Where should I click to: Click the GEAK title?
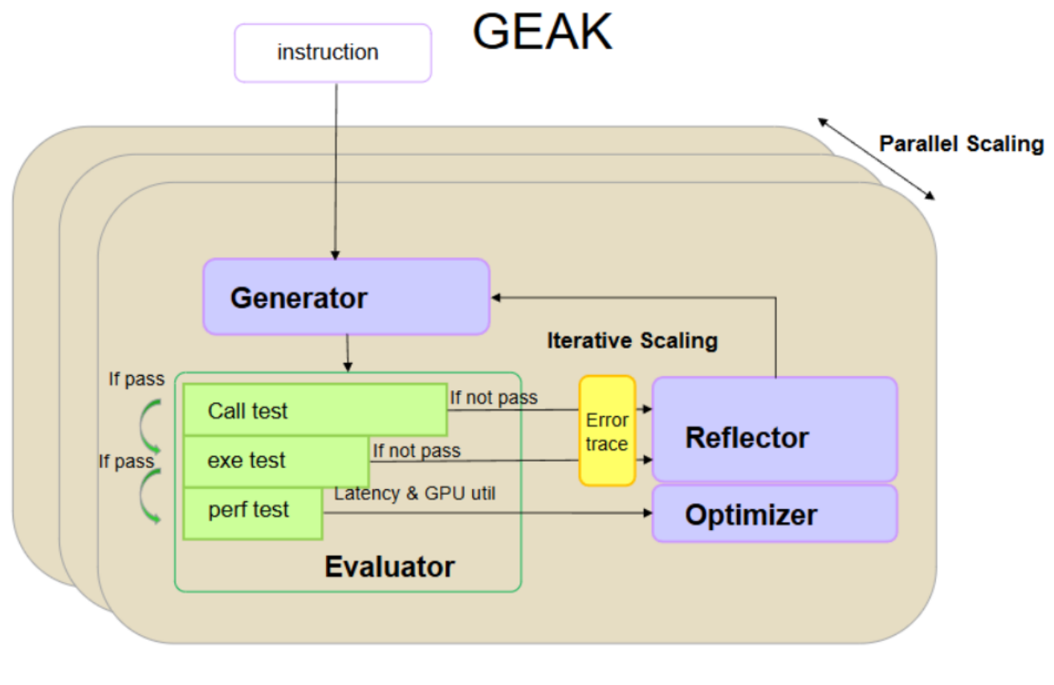click(543, 33)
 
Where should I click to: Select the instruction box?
click(332, 53)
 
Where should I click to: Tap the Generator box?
click(346, 297)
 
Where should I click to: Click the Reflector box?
click(774, 430)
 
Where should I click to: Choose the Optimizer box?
click(774, 514)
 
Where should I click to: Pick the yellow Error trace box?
click(607, 431)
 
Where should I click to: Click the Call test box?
click(314, 410)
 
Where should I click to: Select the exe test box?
click(275, 461)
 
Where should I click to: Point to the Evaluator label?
click(389, 567)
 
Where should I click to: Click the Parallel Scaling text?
click(961, 145)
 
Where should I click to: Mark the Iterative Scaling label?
click(632, 340)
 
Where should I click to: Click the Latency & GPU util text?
click(414, 493)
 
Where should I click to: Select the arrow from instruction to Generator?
click(336, 169)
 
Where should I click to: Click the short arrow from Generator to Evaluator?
click(347, 353)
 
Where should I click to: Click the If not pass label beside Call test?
click(493, 397)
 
